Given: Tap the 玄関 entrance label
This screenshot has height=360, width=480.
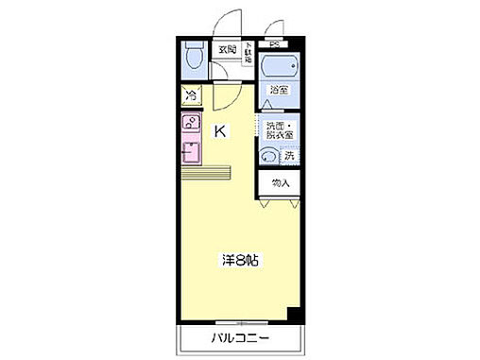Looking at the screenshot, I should click(x=228, y=50).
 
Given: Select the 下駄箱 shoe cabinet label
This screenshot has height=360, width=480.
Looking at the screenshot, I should click(x=249, y=53).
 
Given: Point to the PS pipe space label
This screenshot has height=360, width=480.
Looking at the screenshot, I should click(x=273, y=43).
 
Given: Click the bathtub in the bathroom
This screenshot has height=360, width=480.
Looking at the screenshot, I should click(x=279, y=69).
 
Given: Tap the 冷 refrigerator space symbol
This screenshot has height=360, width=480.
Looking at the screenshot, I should click(x=191, y=95).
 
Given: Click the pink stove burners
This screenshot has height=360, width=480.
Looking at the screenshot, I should click(x=190, y=123).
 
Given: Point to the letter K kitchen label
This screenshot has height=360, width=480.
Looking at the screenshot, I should click(x=219, y=132).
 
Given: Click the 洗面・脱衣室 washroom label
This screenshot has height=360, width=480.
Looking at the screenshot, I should click(x=279, y=130).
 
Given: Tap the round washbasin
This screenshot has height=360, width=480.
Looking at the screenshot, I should click(x=268, y=158).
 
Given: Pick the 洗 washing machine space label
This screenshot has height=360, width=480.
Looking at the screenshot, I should click(x=289, y=156).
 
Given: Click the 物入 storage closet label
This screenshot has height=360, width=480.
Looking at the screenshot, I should click(x=280, y=182).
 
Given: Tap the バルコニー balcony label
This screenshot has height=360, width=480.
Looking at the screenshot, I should click(x=239, y=338).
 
